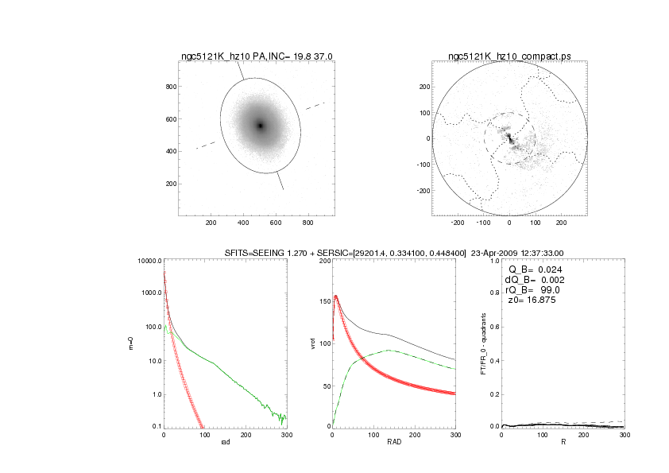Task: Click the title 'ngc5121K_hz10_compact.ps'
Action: tap(509, 56)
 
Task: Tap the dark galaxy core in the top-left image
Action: tap(260, 125)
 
